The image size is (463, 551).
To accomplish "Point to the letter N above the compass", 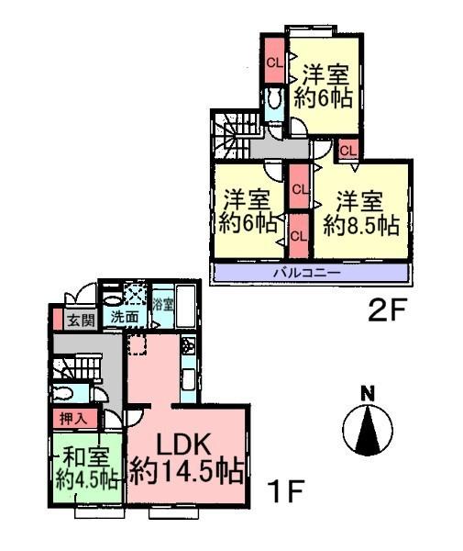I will [368, 394].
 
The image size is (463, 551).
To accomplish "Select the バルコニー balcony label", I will [307, 273].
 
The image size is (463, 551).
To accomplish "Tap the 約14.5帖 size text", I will [186, 473].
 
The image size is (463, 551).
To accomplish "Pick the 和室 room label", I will [83, 455].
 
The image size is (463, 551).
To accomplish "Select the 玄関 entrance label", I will [81, 320].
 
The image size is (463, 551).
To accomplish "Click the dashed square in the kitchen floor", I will [138, 346].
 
